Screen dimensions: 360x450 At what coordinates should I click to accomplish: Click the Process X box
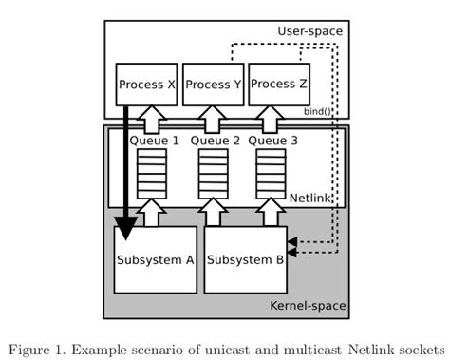click(147, 85)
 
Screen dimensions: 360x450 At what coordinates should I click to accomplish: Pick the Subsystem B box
click(245, 258)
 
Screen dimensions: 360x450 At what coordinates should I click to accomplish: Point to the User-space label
click(309, 31)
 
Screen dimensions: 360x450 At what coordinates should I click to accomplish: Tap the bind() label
click(318, 111)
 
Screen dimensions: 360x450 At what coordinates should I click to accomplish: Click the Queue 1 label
click(154, 141)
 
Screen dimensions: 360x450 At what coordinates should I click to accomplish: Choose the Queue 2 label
click(215, 141)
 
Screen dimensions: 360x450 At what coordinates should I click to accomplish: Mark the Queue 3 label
click(273, 141)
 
